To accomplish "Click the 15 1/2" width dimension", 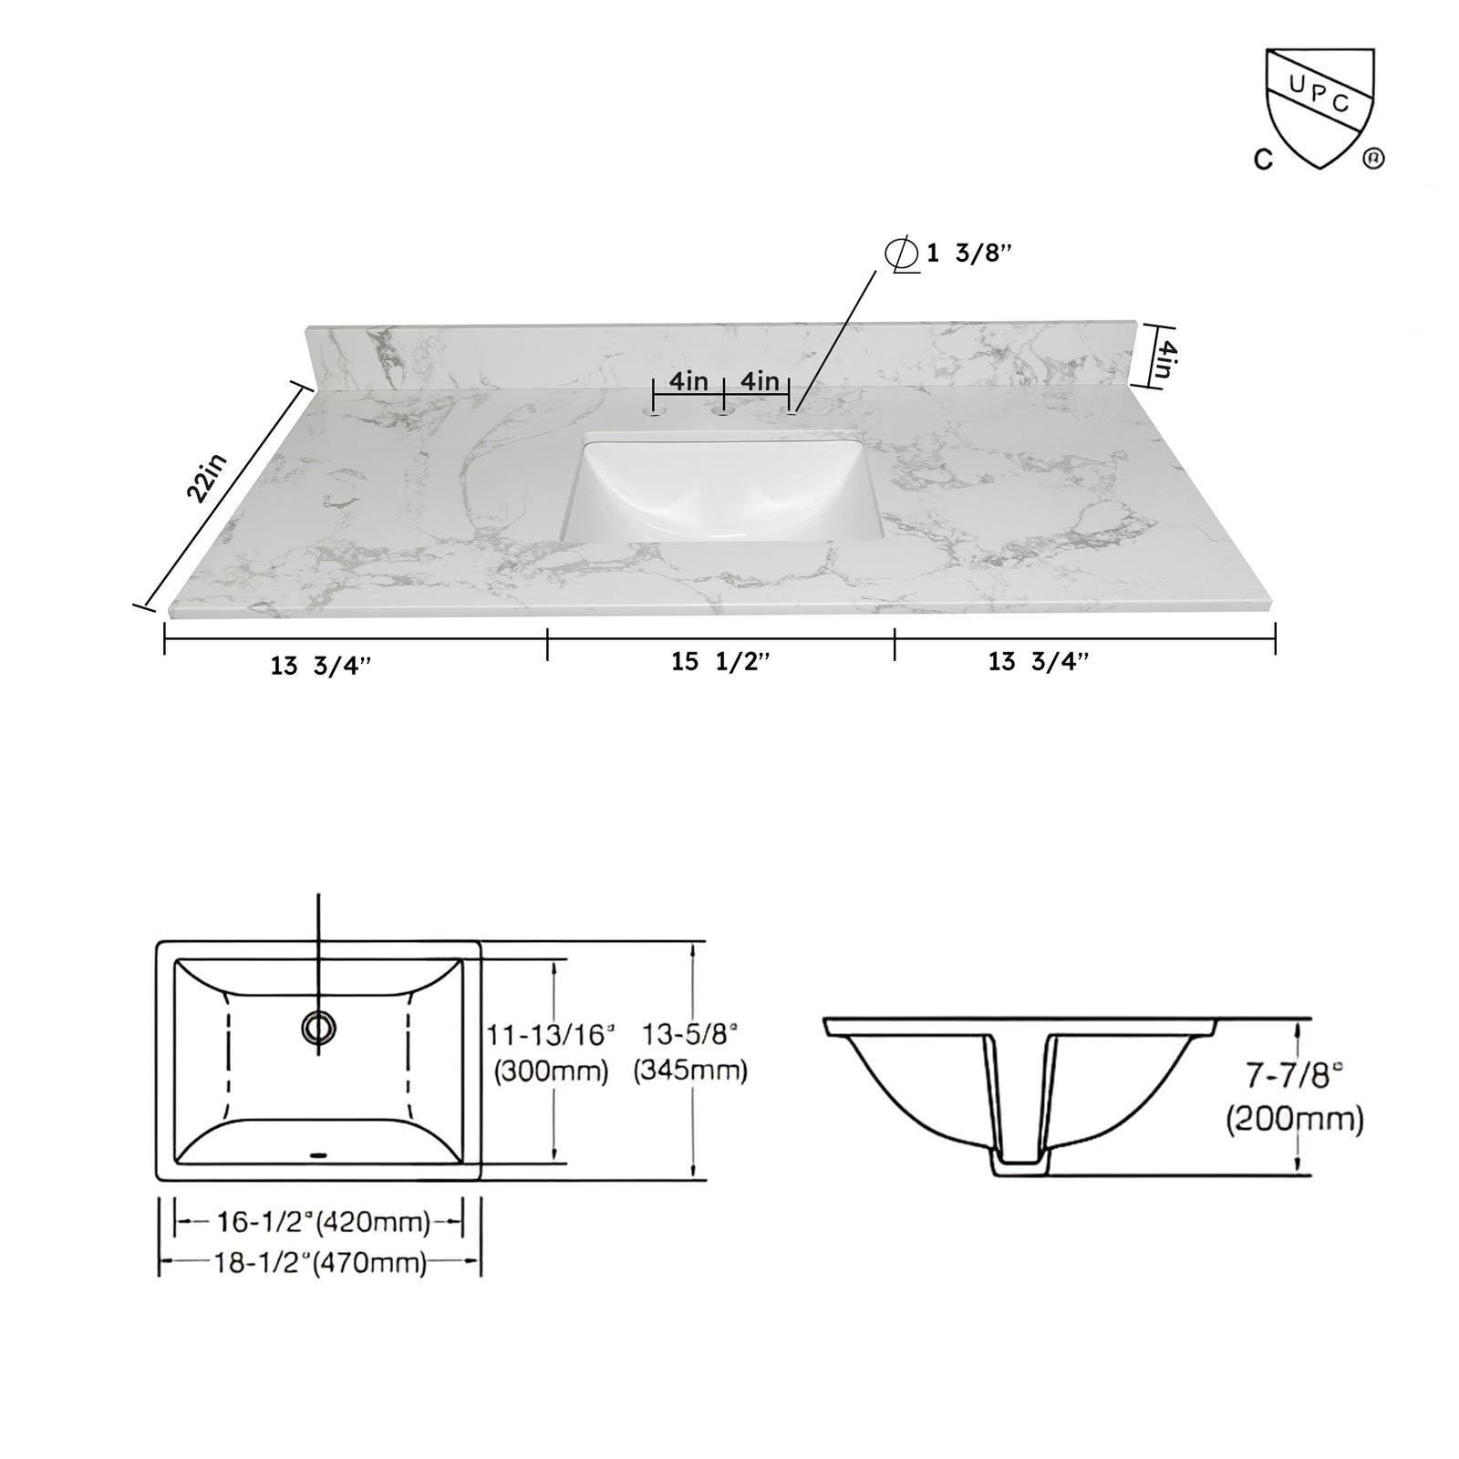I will click(720, 662).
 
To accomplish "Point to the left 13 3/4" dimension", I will click(321, 666).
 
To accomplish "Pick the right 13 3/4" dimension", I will click(1039, 662).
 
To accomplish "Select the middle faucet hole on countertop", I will click(724, 413).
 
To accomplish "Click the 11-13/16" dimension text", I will click(551, 1034).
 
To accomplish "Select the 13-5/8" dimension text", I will click(691, 1034).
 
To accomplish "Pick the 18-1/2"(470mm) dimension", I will click(320, 1263).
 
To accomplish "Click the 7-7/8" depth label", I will click(1294, 1077).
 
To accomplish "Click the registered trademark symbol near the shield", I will click(1373, 159).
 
